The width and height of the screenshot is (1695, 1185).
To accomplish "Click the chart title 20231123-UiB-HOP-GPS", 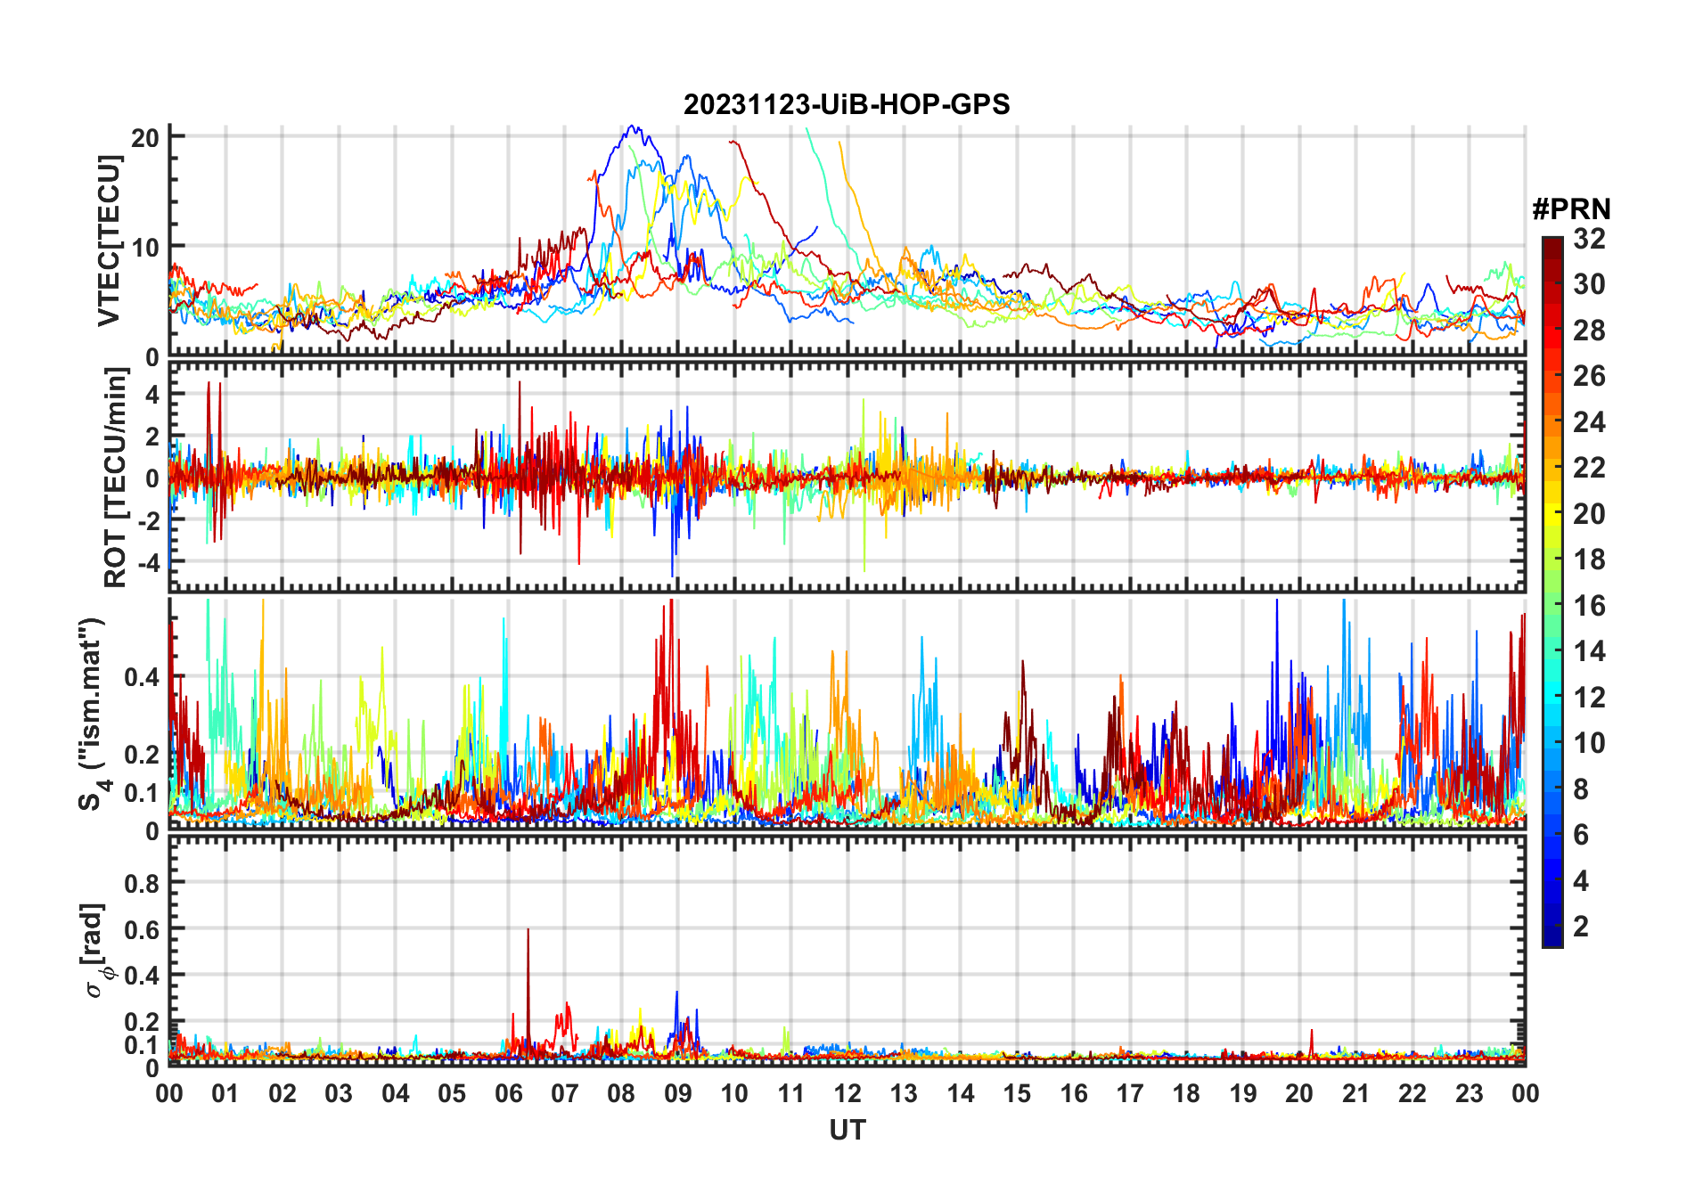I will pos(847,105).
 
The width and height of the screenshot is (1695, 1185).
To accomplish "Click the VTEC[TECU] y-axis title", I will pos(110,241).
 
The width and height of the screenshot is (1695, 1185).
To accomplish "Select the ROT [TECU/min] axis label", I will pos(115,478).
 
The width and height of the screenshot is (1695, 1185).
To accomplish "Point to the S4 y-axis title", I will pos(91,714).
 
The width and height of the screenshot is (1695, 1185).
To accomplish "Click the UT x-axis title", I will pos(847,1131).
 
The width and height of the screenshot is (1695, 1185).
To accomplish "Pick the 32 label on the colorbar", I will pos(1589,239).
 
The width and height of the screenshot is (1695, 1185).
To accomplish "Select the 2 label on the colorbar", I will pos(1581,927).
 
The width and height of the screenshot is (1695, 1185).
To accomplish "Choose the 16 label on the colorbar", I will pos(1589,606).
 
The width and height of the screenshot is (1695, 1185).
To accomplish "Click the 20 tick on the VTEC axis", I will pos(145,137).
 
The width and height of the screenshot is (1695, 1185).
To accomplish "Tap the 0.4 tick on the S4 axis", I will pos(142,677).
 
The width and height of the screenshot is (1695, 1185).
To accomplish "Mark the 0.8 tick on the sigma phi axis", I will pos(142,883).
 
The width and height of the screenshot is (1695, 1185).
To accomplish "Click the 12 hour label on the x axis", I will pos(847,1094).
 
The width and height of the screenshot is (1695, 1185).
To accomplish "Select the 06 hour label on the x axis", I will pos(508,1094).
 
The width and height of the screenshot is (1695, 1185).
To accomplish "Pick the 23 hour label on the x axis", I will pos(1469,1094).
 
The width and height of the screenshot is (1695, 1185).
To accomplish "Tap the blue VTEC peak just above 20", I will pos(632,127).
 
